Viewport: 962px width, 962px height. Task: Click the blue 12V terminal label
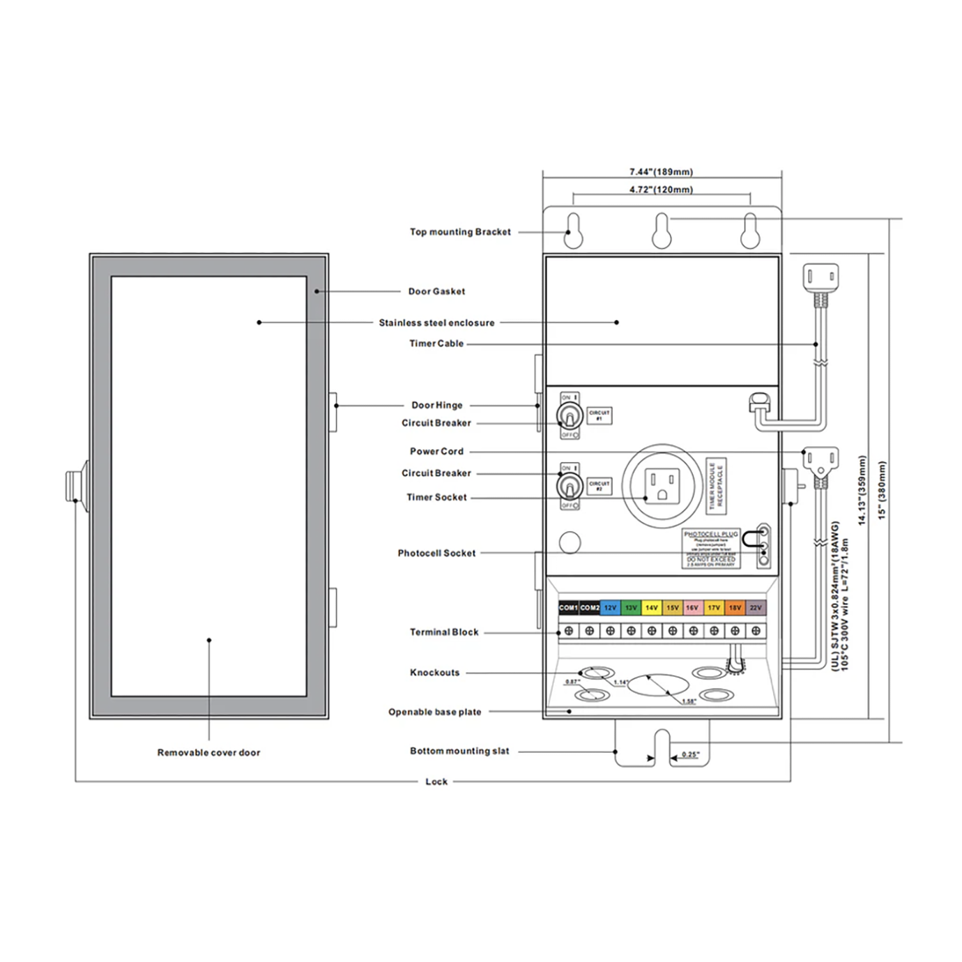click(610, 608)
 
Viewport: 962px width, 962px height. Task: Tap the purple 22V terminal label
click(756, 608)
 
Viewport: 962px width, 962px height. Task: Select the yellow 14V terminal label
click(651, 608)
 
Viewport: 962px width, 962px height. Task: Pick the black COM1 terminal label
click(568, 608)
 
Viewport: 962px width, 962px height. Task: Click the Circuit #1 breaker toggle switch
click(569, 417)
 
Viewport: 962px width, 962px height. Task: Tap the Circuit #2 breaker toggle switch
click(569, 487)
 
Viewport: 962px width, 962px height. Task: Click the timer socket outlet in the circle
click(662, 484)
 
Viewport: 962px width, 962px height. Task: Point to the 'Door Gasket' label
click(436, 291)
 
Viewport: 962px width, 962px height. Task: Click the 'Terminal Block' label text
click(444, 632)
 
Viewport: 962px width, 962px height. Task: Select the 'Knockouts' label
click(434, 673)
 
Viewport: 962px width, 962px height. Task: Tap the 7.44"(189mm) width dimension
click(661, 171)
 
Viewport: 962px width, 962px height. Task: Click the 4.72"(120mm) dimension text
click(661, 190)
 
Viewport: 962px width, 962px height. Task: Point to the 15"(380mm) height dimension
click(882, 489)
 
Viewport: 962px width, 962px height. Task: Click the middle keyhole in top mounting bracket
click(661, 231)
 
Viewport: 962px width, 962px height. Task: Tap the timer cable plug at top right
click(820, 277)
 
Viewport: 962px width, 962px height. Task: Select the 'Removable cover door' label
click(208, 753)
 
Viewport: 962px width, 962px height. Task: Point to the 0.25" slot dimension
click(690, 754)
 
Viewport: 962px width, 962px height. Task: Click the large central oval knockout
click(659, 685)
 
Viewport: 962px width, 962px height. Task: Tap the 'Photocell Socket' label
click(436, 553)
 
